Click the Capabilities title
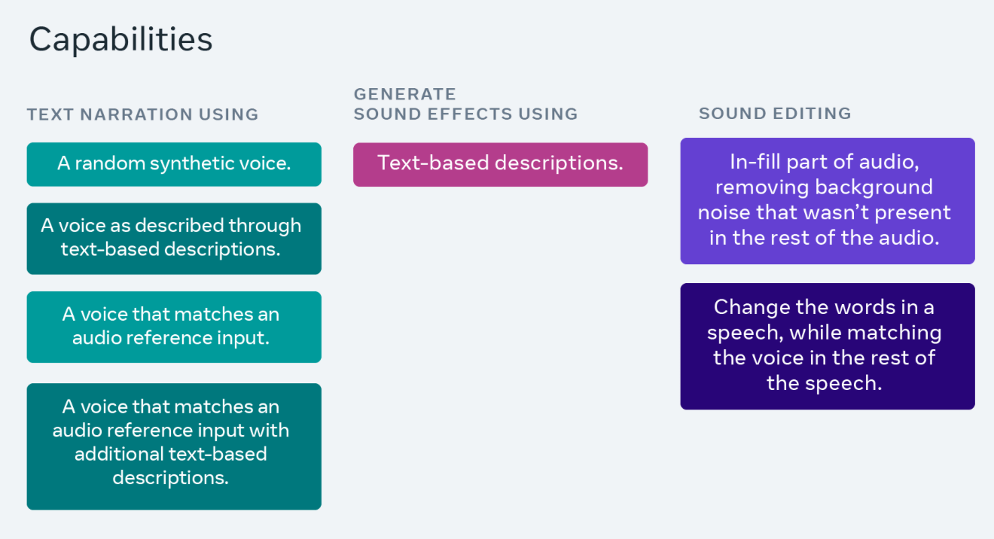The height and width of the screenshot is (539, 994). tap(120, 40)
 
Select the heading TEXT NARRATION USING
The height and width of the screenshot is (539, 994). tap(143, 114)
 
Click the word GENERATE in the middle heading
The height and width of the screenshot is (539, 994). tap(404, 94)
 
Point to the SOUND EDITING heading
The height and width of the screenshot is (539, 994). tap(775, 114)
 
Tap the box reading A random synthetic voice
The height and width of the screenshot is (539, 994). tap(174, 164)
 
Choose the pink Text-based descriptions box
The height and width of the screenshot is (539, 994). tap(501, 165)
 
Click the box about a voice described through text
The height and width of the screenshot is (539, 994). tap(174, 239)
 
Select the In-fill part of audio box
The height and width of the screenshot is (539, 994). tap(828, 201)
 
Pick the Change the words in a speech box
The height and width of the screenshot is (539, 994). tap(828, 346)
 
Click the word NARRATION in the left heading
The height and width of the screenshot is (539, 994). tap(136, 114)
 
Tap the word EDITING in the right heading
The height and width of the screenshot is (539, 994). tap(812, 114)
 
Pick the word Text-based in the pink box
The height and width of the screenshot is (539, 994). tap(433, 163)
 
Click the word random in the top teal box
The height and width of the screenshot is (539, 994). tap(110, 163)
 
